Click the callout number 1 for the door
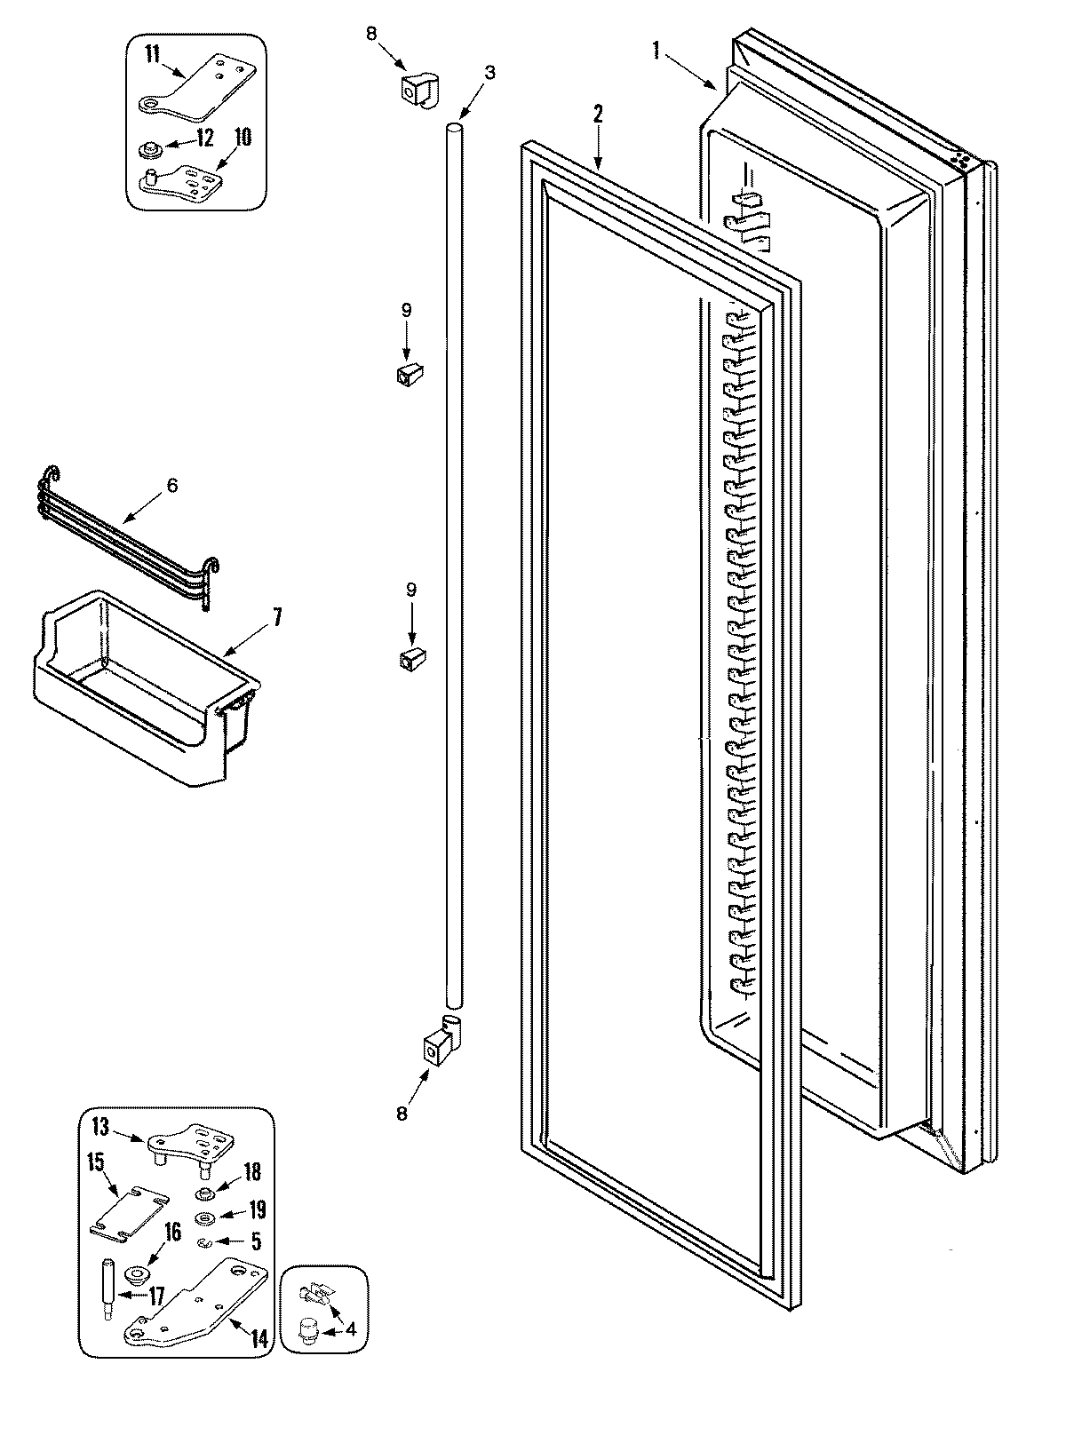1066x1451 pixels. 656,51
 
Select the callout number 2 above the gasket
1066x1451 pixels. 598,114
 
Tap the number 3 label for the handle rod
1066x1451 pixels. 489,72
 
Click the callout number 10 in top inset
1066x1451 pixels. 243,137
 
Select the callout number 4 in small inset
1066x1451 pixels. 351,1330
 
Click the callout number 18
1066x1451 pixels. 252,1172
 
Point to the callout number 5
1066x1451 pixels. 256,1242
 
